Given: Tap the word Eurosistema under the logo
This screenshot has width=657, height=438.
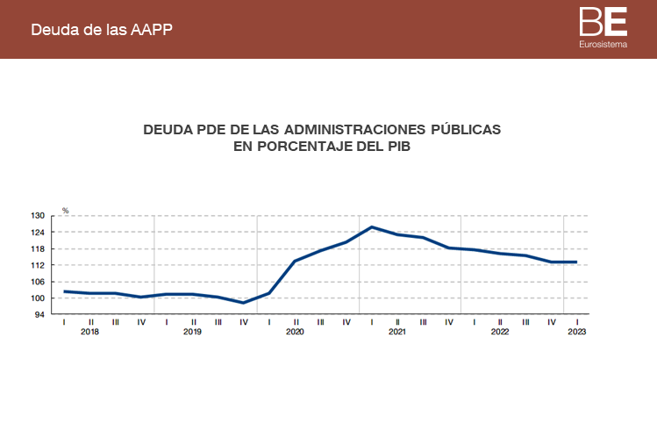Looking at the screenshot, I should coord(603,43).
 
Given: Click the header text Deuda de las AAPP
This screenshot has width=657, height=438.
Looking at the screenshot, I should coord(101,29).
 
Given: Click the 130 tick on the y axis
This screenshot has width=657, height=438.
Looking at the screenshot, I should coord(39,215).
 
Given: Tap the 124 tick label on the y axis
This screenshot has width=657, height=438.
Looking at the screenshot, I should coord(39,232).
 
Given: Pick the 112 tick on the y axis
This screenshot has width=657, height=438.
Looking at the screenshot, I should coord(39,265).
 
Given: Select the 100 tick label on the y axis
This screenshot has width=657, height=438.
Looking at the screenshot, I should coord(39,298).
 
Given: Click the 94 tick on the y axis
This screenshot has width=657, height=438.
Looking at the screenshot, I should coord(41,314).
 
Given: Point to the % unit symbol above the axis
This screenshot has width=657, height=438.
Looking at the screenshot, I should coord(65,211).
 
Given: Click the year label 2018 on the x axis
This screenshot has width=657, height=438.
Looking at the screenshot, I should coord(90,332).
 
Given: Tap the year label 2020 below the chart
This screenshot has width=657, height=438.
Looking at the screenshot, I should coord(295,332).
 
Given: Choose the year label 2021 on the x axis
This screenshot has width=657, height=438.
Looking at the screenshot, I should coord(397,332).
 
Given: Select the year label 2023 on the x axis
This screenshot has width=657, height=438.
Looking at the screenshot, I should coord(577,332).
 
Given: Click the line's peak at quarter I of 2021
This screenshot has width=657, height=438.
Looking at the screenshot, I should coord(372,226).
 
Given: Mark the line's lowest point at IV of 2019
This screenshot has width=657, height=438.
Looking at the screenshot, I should coord(244,303).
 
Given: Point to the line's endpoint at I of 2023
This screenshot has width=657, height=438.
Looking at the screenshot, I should coord(576,262).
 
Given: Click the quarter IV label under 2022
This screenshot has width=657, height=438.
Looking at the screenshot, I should coord(551,321).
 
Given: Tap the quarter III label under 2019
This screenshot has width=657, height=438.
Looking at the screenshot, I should coord(218,321).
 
